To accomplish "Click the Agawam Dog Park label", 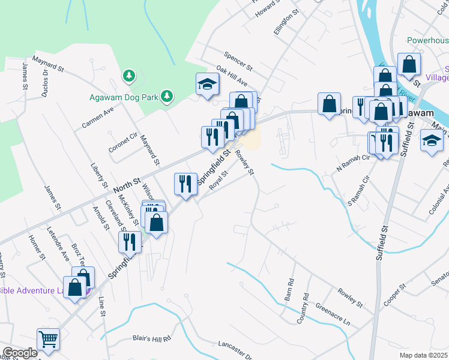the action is point(122,97).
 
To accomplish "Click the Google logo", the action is point(20,353).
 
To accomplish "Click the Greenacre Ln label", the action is point(332,314).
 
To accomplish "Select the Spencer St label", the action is point(238,59).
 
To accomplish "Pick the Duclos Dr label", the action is point(45,81).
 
